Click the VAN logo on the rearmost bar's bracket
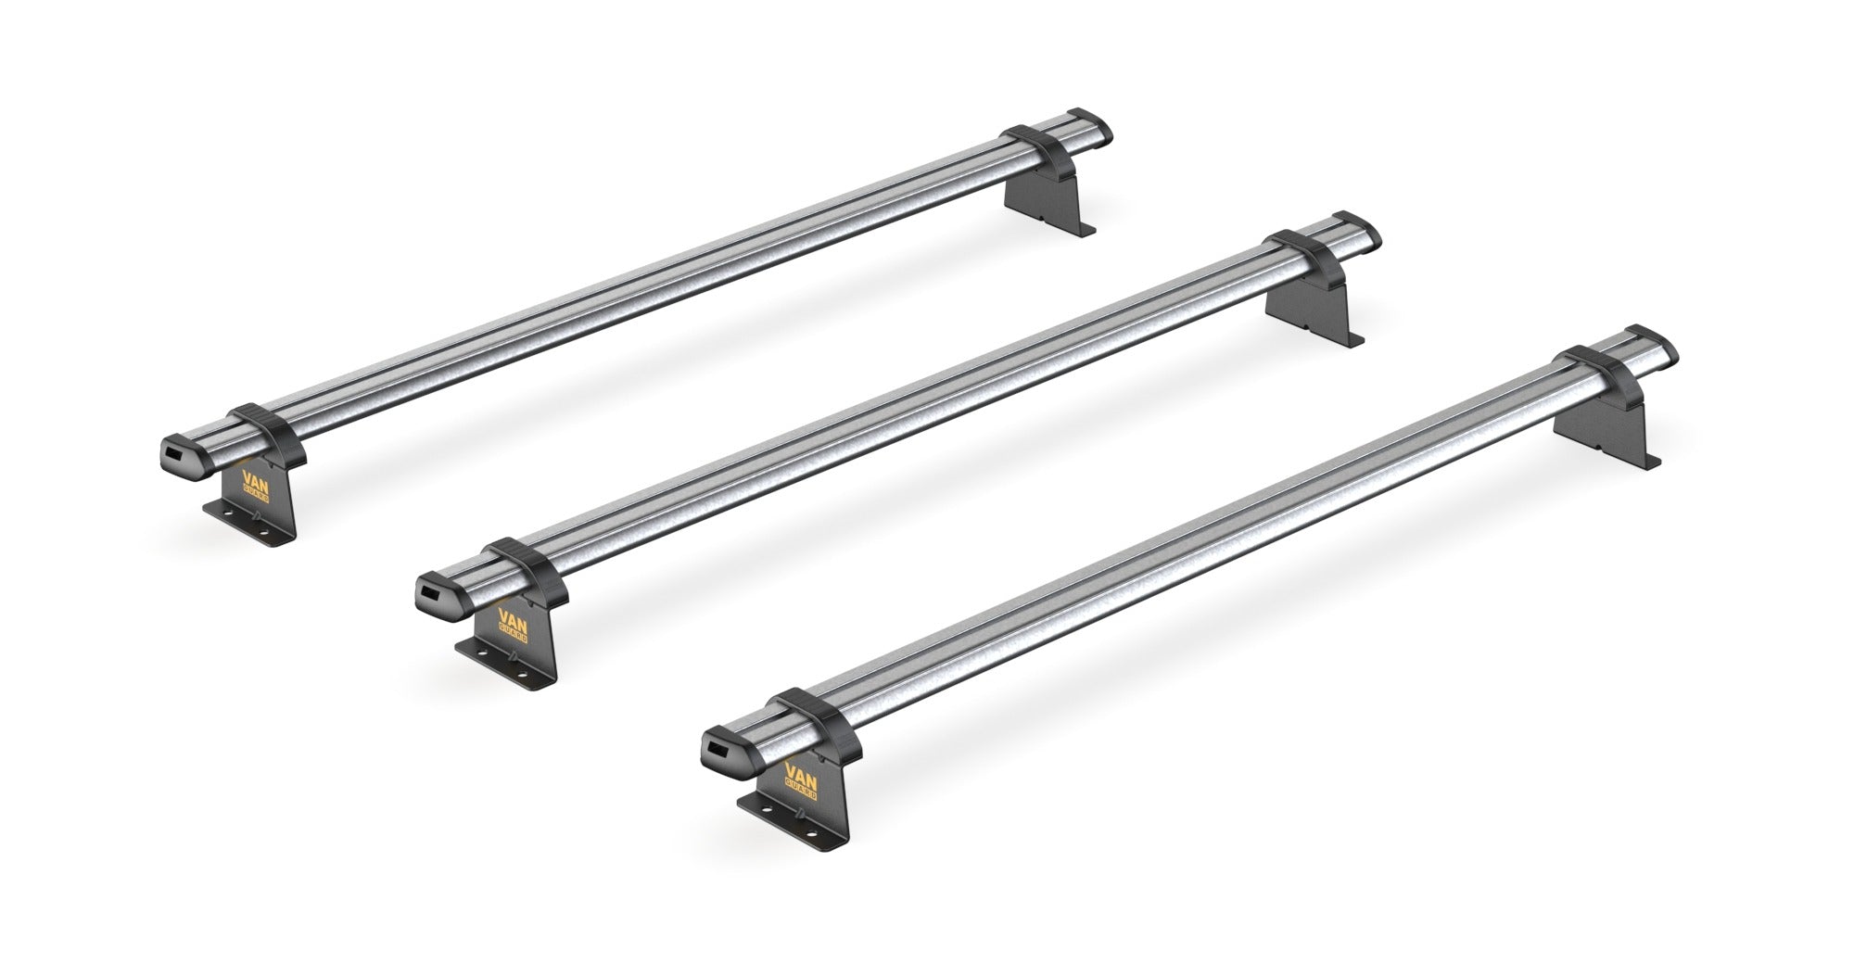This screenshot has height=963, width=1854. pyautogui.click(x=255, y=484)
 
